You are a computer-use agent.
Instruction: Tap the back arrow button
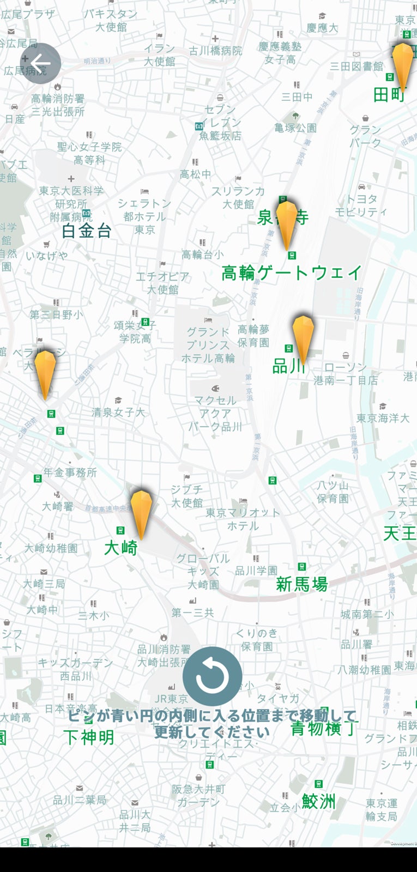point(40,63)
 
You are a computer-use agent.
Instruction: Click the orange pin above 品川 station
point(303,338)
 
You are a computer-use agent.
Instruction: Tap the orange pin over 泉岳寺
point(287,223)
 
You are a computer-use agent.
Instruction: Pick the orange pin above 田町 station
point(403,65)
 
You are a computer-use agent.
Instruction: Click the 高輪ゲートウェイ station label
point(292,272)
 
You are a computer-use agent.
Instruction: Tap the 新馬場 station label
point(301,584)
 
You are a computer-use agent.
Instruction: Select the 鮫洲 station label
point(319,801)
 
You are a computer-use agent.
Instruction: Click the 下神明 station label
point(89,737)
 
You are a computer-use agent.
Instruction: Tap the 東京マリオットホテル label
point(243,519)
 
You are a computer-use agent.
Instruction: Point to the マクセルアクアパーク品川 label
point(215,414)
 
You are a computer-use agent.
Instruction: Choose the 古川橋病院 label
point(215,51)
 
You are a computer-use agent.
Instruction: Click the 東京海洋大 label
point(383,418)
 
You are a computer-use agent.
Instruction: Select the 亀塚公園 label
point(295,128)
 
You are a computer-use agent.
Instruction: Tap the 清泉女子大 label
point(118,413)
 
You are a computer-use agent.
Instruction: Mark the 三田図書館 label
point(356,66)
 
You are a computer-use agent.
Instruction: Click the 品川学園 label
point(256,571)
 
